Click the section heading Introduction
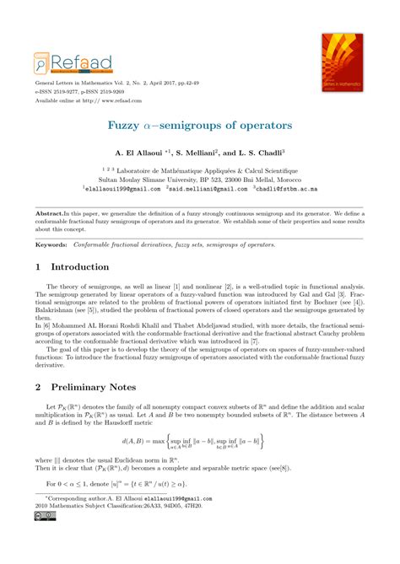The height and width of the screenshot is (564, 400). [x=88, y=266]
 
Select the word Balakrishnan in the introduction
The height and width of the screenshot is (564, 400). [x=54, y=310]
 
